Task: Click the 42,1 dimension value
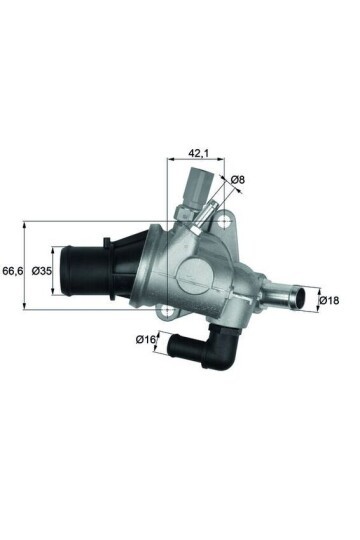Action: (198, 153)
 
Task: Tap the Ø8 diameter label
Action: (237, 180)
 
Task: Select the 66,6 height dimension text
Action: (13, 270)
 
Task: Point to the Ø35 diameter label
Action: (42, 270)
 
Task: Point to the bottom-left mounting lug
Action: (177, 317)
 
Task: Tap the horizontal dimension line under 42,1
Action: (198, 162)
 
